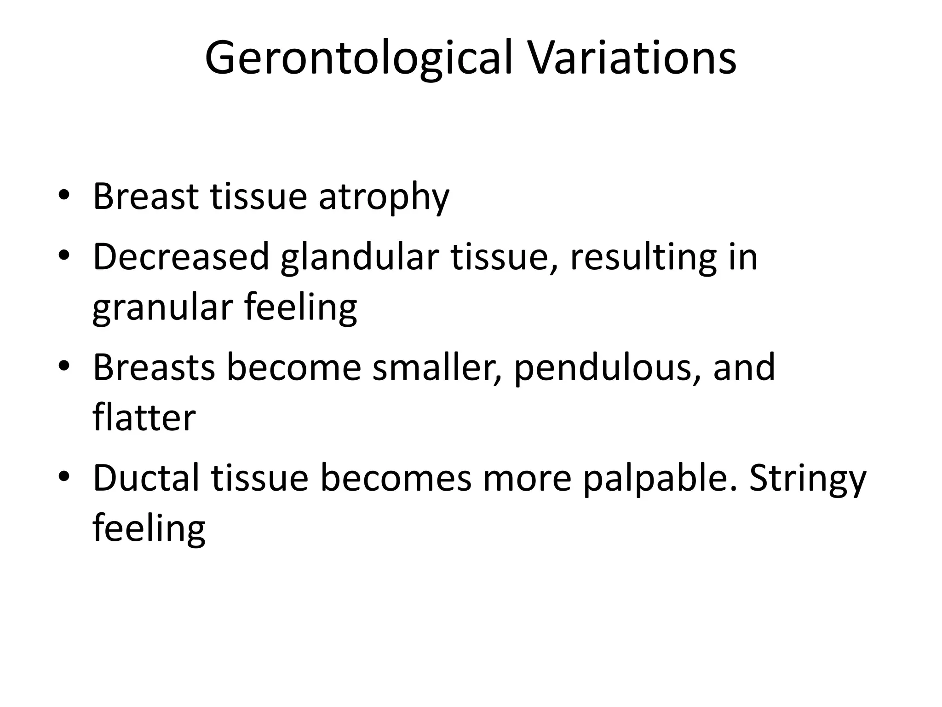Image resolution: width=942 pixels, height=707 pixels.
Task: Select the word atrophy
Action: [x=384, y=197]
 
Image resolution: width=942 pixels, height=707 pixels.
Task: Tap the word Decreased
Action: [x=181, y=257]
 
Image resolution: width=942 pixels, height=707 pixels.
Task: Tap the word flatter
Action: [x=144, y=418]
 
